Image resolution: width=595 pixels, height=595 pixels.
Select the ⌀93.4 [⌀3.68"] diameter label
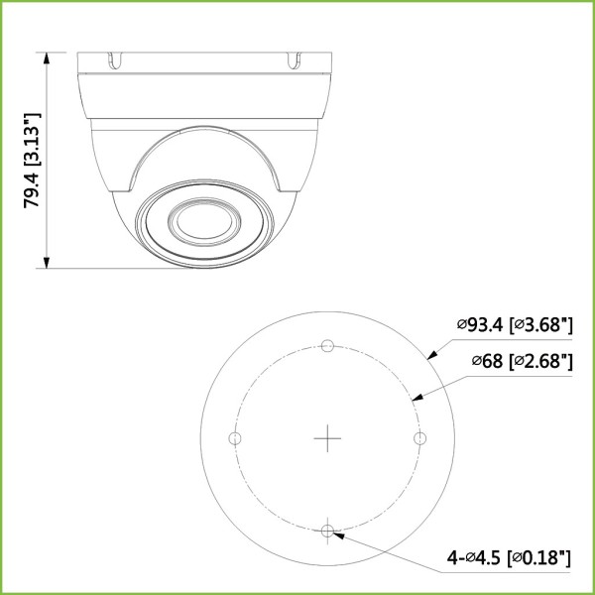click(515, 324)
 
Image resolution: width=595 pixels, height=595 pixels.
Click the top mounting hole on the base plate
click(327, 346)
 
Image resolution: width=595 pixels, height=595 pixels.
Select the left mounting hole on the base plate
click(235, 438)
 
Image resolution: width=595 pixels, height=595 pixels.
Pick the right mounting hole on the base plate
click(419, 438)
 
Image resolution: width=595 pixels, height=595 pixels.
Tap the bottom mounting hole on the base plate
click(327, 531)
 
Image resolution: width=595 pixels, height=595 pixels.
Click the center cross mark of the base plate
click(327, 438)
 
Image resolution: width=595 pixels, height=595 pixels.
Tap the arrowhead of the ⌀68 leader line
click(416, 399)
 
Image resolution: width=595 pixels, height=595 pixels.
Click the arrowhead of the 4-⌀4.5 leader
click(338, 534)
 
